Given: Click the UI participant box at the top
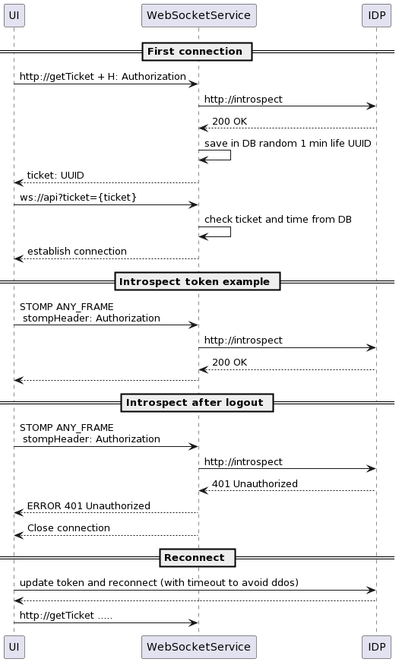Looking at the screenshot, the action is click(14, 16).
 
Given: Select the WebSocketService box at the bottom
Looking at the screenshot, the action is click(198, 647).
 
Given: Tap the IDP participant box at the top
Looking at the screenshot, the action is click(376, 16).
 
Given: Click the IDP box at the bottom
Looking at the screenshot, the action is click(376, 647).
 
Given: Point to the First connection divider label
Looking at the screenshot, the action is click(197, 52).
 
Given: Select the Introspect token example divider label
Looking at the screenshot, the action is click(197, 282).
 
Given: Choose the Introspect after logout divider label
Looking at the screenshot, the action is click(197, 403).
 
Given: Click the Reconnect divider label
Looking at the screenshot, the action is click(197, 558).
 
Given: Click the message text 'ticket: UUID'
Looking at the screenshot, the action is click(55, 176).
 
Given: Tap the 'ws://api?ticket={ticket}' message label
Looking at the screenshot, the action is click(78, 197).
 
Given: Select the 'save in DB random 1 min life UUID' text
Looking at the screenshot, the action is click(287, 144).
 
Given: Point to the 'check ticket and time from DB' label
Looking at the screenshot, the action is click(278, 220).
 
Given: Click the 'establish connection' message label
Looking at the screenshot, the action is click(77, 252).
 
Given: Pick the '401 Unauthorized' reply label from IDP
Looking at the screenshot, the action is click(255, 484).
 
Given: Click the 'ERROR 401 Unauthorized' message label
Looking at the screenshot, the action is click(89, 505).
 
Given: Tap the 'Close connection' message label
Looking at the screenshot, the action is click(68, 527).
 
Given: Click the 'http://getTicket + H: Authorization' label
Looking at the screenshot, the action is click(103, 77).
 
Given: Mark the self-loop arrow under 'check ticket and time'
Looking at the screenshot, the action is click(230, 232).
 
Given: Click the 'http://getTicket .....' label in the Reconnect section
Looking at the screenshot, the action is click(66, 616).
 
